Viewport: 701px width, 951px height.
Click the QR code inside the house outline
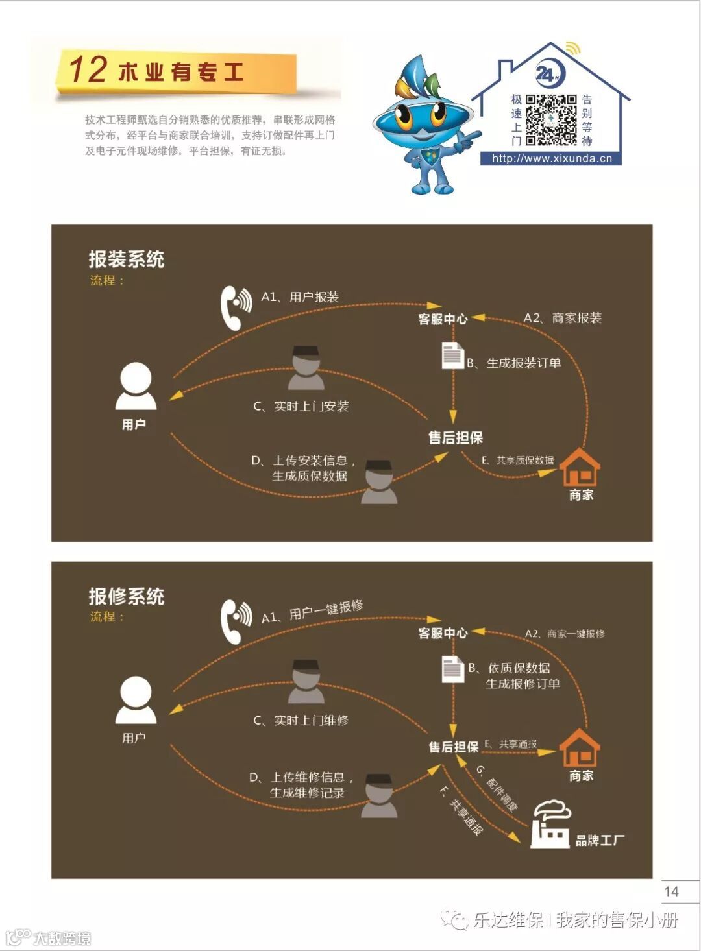click(x=550, y=120)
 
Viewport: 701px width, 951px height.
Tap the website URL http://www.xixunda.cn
click(x=552, y=158)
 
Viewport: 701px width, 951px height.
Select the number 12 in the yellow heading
click(x=88, y=69)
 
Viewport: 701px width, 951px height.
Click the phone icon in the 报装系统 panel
click(x=235, y=307)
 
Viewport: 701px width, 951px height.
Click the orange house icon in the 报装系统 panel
click(x=580, y=467)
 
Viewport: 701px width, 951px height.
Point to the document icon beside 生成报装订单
click(x=452, y=355)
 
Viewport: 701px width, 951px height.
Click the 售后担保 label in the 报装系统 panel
click(x=456, y=438)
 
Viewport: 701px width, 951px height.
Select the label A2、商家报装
click(x=563, y=318)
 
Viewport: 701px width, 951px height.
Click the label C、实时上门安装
click(x=301, y=407)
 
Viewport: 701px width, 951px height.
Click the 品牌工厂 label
click(x=600, y=841)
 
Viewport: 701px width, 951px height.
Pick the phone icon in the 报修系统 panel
click(x=236, y=621)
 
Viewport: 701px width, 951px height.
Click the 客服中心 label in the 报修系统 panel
click(x=443, y=633)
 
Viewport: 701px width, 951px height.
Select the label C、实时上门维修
click(x=301, y=721)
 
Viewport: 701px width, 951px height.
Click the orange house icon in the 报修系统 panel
click(x=580, y=748)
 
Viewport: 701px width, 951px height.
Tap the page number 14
click(x=671, y=891)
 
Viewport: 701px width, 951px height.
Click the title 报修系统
click(x=127, y=596)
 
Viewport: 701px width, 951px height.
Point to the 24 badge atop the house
click(x=549, y=75)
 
